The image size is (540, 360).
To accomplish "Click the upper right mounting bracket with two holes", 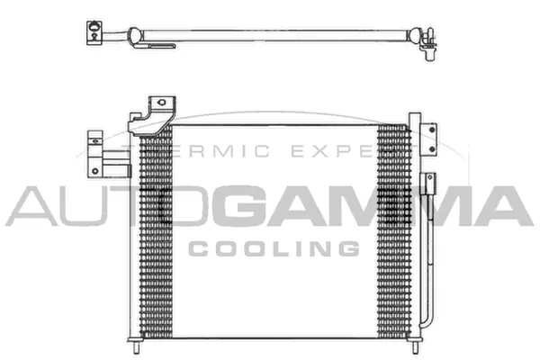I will [x=431, y=134].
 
